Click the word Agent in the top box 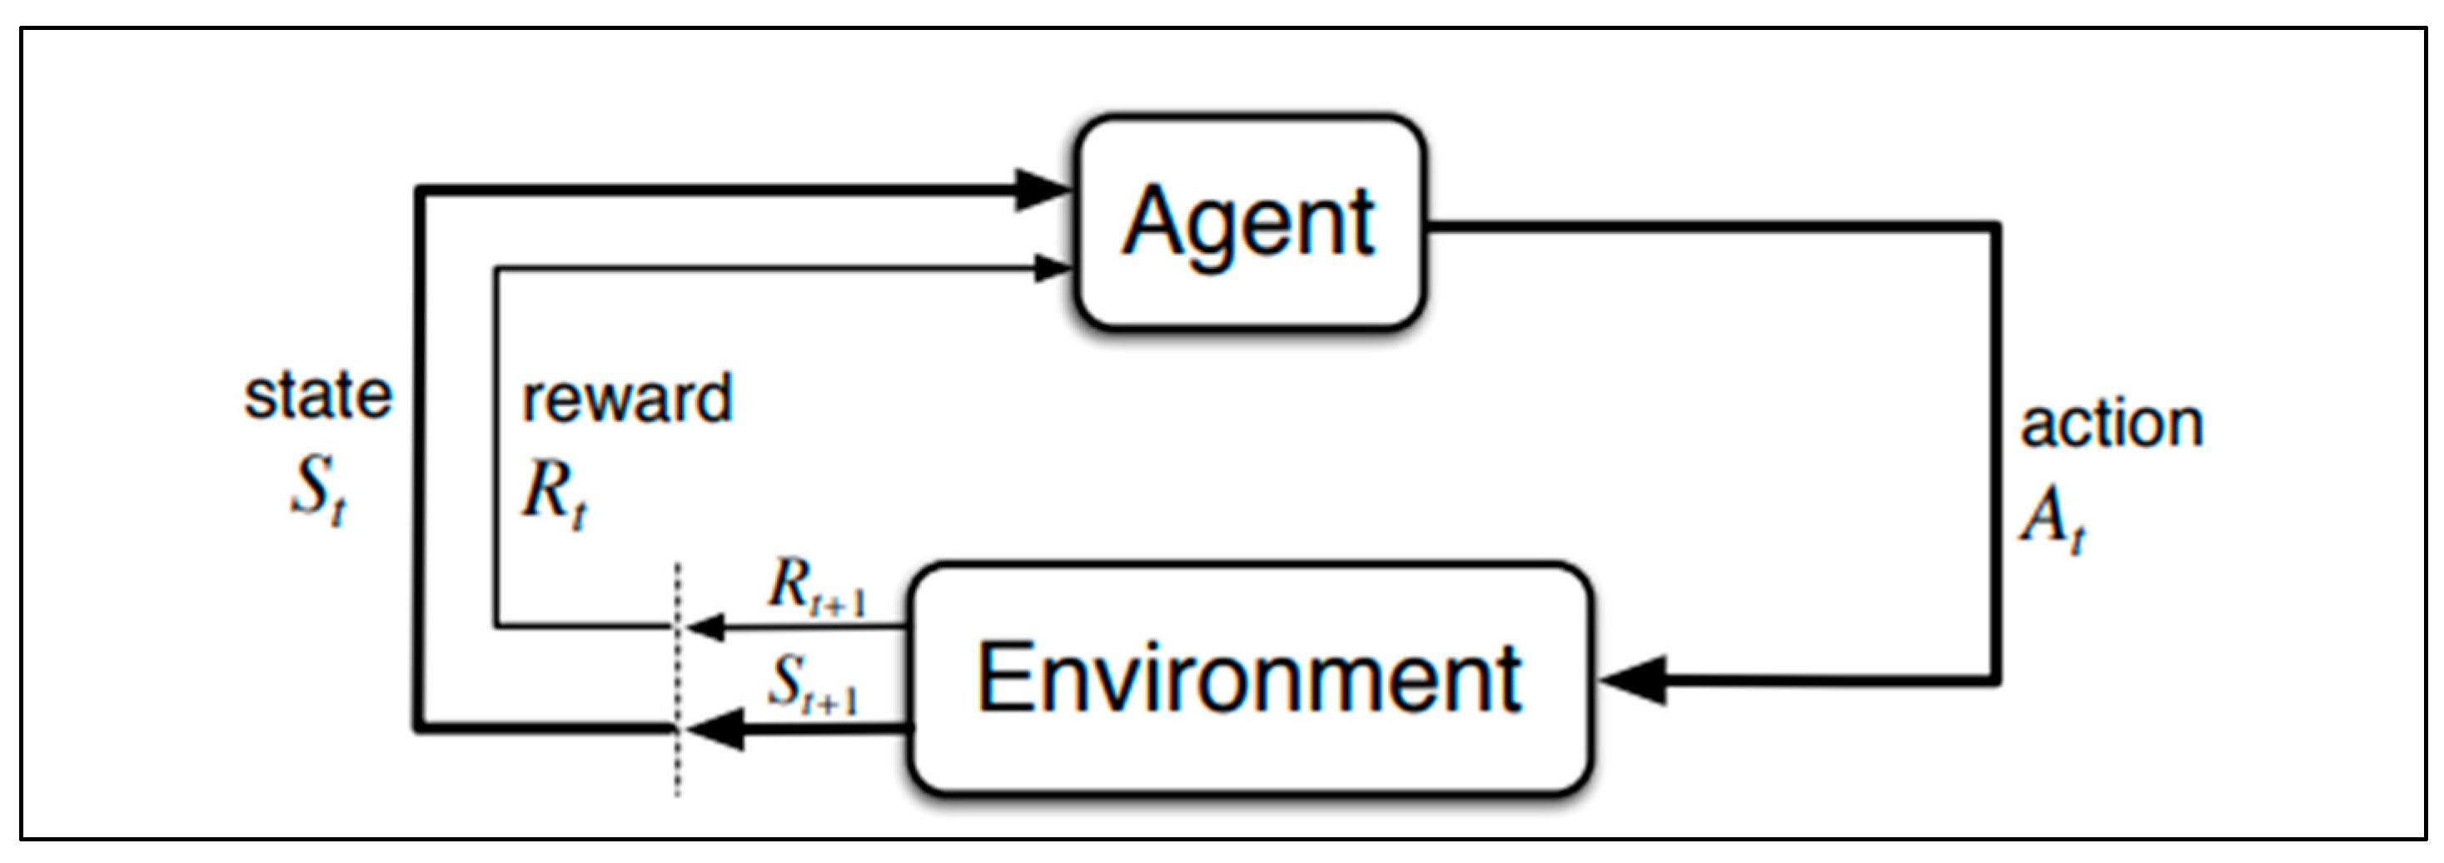point(1248,222)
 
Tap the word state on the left point(318,395)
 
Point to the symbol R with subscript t point(553,495)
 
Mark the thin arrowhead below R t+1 point(707,627)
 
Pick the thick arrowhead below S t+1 point(716,728)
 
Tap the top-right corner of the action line point(1998,227)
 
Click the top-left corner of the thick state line point(418,192)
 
